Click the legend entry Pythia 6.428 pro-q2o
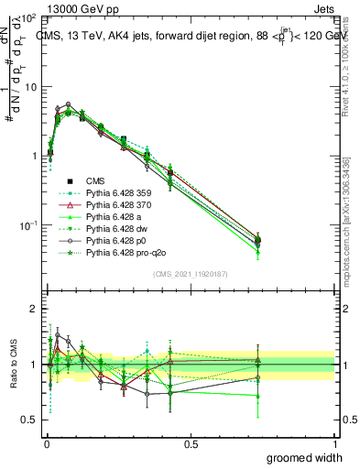click(x=118, y=262)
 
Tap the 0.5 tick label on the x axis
click(x=191, y=442)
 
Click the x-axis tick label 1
click(x=334, y=442)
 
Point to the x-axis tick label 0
click(x=47, y=442)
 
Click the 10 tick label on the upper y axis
click(x=29, y=87)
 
